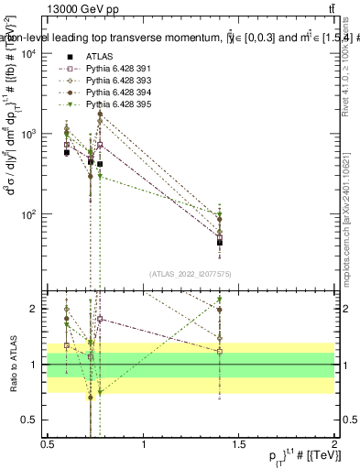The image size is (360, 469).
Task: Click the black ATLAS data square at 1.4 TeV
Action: point(220,243)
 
